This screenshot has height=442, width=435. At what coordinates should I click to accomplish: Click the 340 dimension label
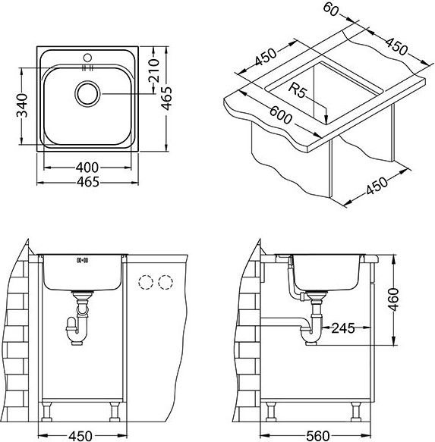pos(22,105)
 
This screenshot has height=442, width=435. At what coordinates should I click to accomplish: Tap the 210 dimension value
pos(154,71)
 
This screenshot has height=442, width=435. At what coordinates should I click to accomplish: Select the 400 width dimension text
pos(87,168)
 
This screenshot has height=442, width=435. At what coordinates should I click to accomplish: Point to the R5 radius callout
pos(297,90)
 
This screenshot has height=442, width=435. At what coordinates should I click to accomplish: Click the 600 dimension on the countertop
pos(280,114)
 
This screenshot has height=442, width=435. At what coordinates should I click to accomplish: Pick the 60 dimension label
pos(330,9)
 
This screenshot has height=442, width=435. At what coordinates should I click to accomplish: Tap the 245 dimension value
pos(343,328)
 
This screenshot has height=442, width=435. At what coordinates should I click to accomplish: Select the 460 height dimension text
pos(393,299)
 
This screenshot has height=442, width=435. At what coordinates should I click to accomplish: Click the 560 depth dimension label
pos(318,436)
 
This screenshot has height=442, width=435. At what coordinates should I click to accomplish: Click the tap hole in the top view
pos(87,58)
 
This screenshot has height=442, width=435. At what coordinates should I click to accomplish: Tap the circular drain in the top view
pos(87,94)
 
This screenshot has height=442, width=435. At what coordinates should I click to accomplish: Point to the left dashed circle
pos(146,282)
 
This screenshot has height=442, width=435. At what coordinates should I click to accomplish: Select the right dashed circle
pos(165,282)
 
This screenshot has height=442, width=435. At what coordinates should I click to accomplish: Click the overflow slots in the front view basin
pos(83,261)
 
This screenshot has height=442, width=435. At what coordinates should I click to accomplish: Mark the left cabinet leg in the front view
pos(47,411)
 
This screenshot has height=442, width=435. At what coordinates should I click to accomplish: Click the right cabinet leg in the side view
pos(356,411)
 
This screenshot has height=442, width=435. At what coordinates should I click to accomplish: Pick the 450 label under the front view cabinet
pos(80,436)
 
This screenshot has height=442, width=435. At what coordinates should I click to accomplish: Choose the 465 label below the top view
pos(88,182)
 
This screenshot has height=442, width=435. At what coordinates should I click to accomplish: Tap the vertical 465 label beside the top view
pos(166,98)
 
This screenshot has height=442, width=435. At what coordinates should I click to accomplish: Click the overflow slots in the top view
pos(87,67)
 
